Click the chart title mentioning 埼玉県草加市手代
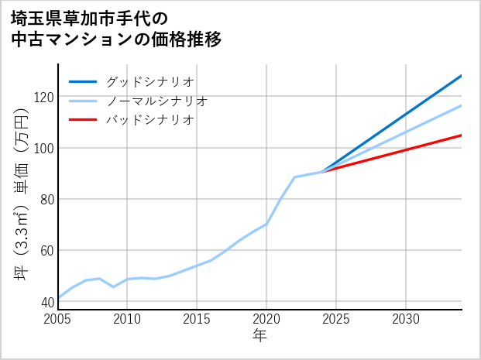(116, 29)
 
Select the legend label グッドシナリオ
(149, 81)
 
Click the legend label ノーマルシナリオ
(156, 101)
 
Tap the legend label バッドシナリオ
(149, 120)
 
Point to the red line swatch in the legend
(83, 120)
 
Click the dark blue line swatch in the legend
(83, 81)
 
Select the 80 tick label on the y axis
(46, 199)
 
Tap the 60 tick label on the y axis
(46, 250)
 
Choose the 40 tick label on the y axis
(46, 302)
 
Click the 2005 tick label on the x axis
(58, 319)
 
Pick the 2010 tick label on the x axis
(128, 319)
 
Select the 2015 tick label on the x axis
(198, 319)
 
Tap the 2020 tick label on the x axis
(266, 319)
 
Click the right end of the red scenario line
(461, 135)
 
